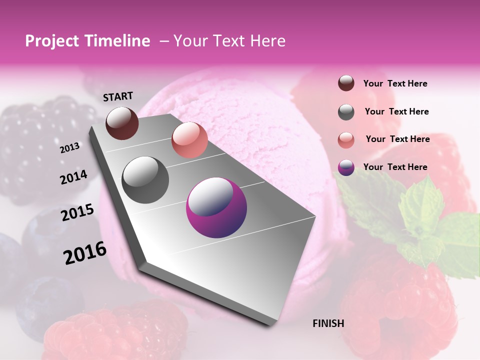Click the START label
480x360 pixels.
(118, 96)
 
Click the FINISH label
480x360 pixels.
(328, 323)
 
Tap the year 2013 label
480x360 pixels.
(70, 147)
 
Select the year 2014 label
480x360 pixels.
(73, 177)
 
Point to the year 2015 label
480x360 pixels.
(77, 212)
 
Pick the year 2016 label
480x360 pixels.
(85, 253)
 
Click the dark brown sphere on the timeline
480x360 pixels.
(122, 123)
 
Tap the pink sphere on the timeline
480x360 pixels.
(189, 140)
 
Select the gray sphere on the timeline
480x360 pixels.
(145, 179)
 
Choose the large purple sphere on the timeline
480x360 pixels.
(216, 207)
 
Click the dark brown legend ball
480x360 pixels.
(346, 83)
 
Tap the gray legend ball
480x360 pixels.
(346, 112)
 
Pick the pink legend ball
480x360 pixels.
(346, 139)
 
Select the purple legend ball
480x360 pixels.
(346, 167)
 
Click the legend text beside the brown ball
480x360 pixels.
(395, 84)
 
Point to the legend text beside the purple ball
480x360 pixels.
(395, 167)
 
